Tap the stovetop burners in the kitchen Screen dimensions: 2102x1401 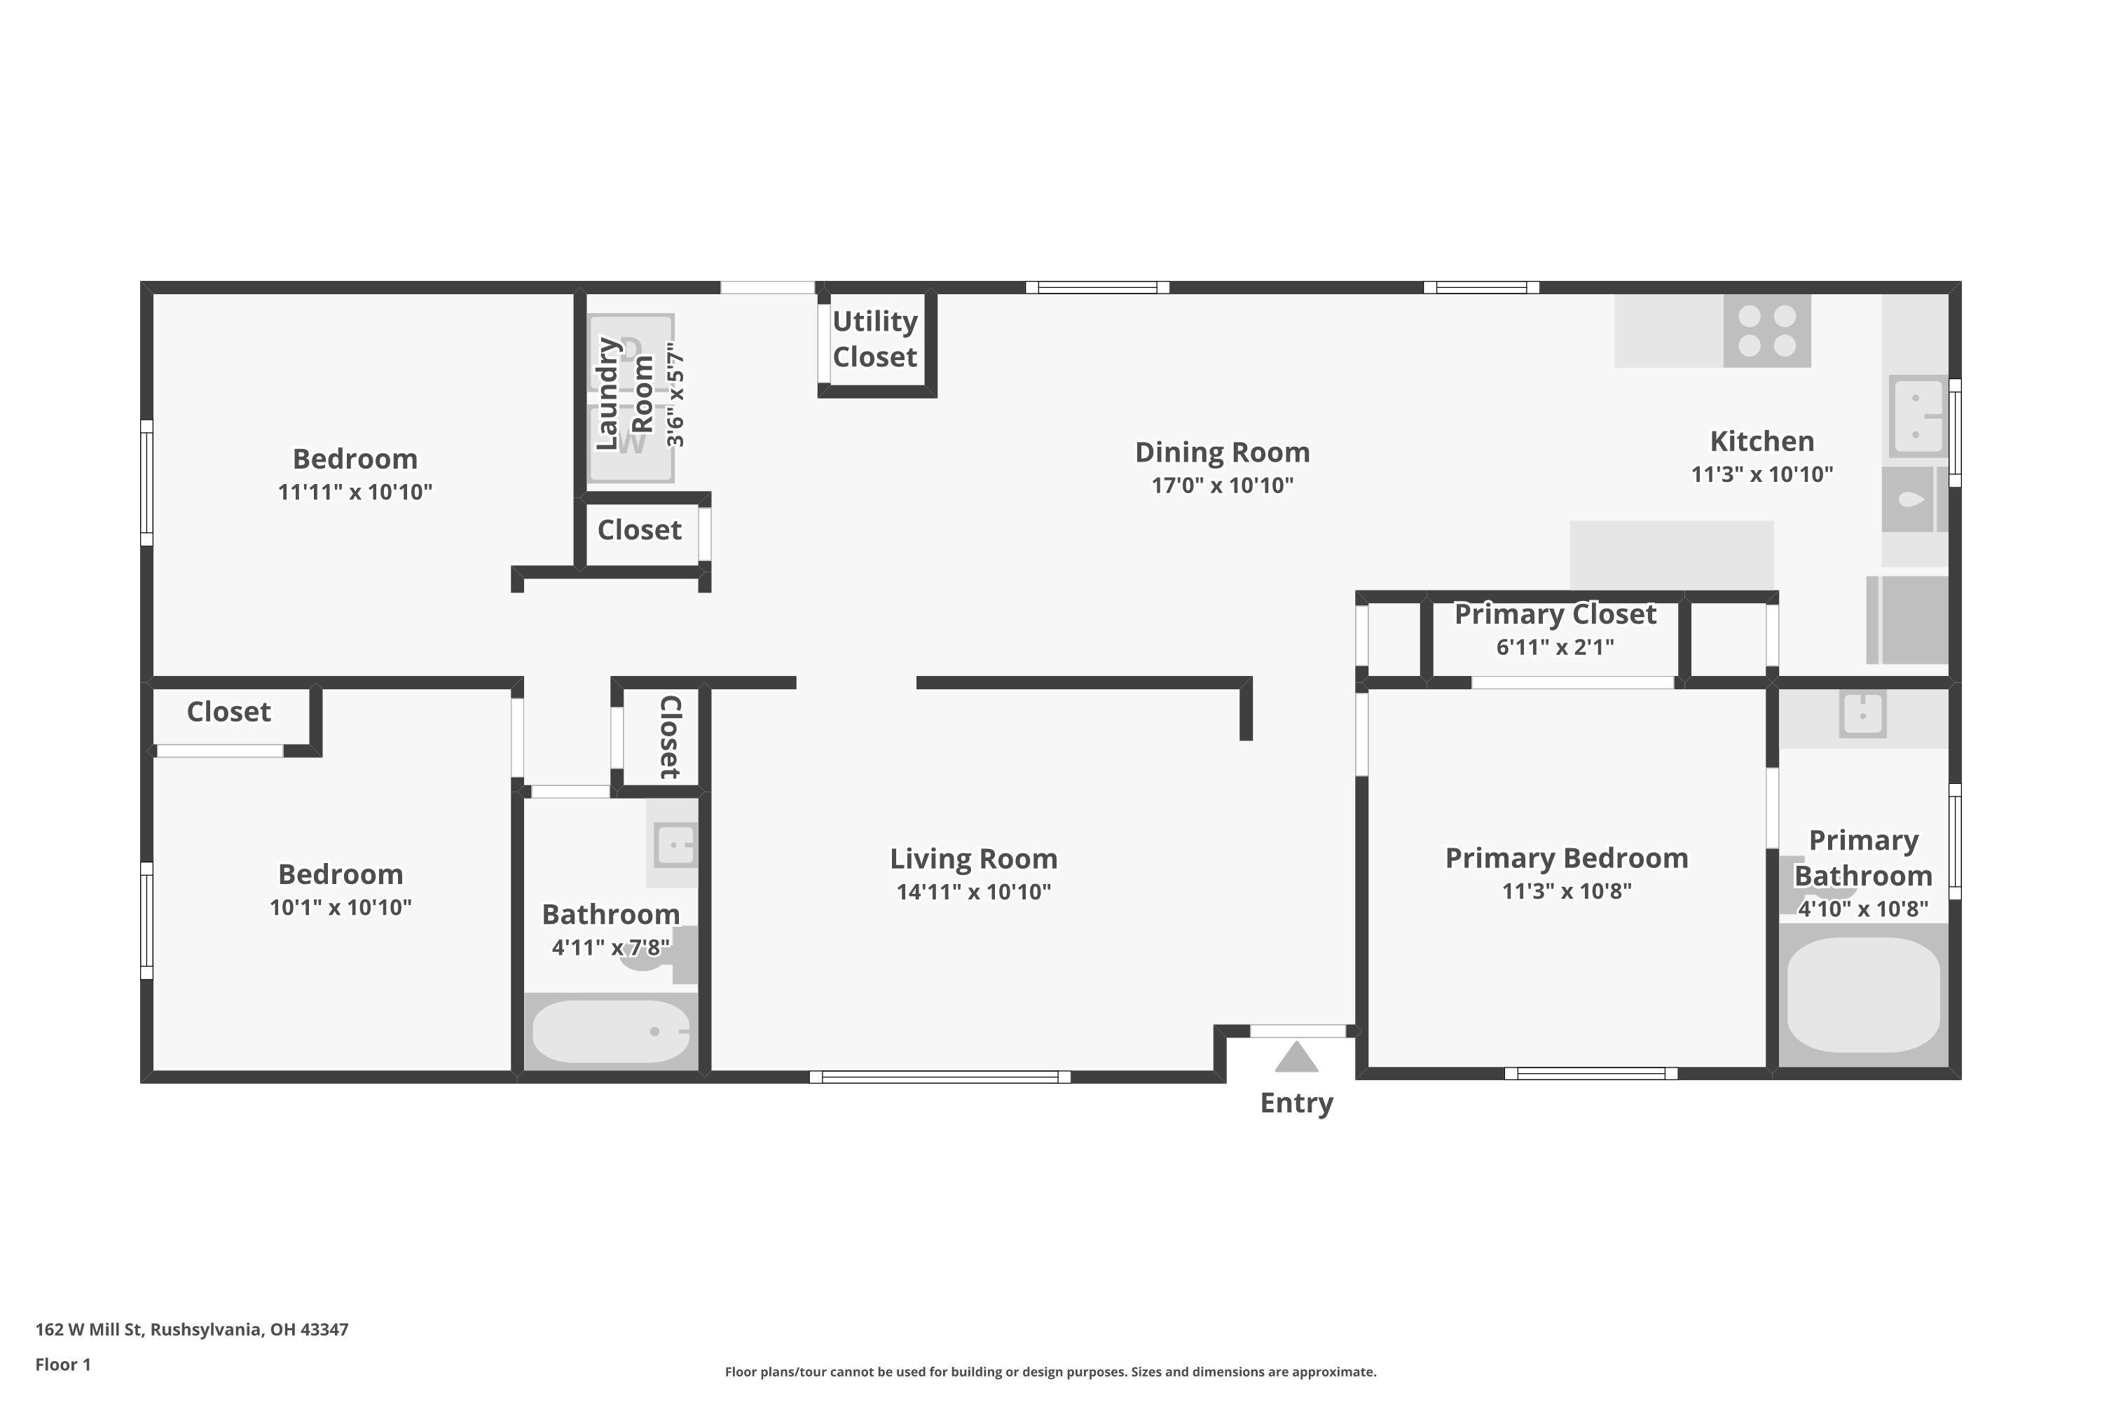click(1767, 331)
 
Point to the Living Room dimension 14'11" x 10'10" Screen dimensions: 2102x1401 click(974, 892)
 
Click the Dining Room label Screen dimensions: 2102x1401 click(1223, 452)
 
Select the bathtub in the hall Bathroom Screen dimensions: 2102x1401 click(611, 1031)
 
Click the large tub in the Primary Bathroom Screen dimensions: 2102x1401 click(1863, 995)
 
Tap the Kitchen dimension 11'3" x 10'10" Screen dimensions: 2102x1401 click(1762, 474)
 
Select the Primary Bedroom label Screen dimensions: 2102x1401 click(1567, 857)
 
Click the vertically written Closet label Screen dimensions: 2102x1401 click(671, 737)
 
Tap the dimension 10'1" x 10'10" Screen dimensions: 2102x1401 click(341, 908)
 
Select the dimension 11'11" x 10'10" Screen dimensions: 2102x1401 click(355, 492)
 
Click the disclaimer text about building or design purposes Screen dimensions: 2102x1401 click(1051, 1372)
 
